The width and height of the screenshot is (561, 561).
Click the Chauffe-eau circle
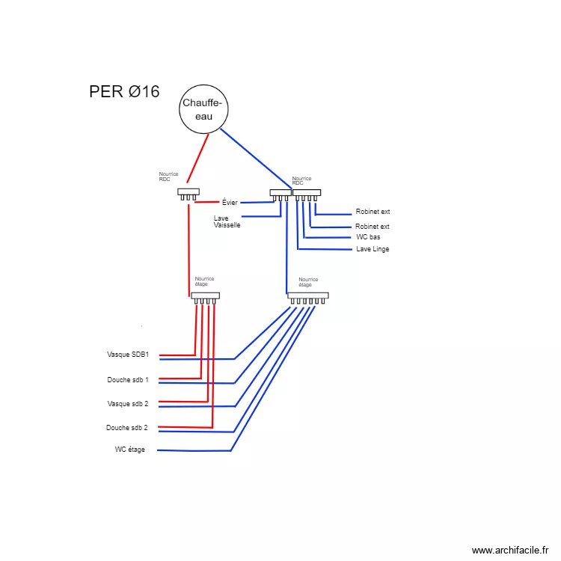click(203, 110)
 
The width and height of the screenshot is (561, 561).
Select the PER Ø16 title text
click(124, 92)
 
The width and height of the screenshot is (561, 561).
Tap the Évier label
click(230, 202)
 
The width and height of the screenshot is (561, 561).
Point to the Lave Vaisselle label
click(227, 221)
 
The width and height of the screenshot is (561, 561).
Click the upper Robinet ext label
click(373, 212)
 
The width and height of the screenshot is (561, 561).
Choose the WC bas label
click(369, 237)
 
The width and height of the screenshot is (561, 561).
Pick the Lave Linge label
click(373, 249)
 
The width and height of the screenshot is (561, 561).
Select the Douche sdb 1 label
click(128, 380)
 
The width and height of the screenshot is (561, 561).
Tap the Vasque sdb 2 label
click(128, 404)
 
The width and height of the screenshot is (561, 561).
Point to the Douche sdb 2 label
click(127, 428)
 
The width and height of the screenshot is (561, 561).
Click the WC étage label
click(130, 450)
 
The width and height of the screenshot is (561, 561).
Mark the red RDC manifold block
click(188, 192)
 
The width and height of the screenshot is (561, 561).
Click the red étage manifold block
click(205, 295)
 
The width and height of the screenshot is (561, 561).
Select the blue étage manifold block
click(308, 295)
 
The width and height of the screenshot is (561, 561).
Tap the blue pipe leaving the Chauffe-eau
click(254, 158)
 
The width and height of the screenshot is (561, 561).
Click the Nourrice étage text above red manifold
click(204, 281)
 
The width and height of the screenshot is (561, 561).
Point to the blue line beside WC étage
click(194, 450)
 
